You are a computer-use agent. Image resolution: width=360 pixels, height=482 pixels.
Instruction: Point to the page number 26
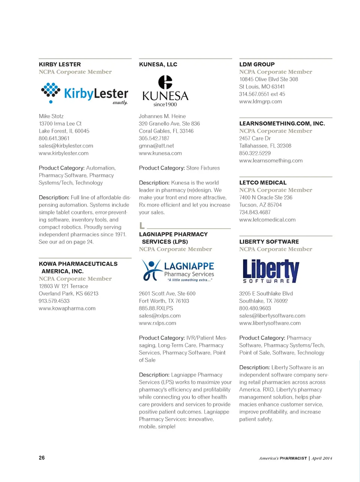[42, 458]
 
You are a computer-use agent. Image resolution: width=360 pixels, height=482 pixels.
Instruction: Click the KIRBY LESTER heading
[60, 65]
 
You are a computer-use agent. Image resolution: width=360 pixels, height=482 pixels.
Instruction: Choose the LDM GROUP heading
[257, 65]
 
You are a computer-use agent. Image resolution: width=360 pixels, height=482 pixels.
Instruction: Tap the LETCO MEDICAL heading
[263, 183]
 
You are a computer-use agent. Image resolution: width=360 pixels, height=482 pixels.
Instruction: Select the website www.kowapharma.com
[67, 309]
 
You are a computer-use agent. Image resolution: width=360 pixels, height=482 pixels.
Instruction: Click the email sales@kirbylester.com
[66, 146]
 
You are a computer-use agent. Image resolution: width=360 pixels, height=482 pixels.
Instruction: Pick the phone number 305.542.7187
[154, 139]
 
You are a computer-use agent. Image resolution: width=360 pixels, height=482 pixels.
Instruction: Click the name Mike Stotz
[51, 116]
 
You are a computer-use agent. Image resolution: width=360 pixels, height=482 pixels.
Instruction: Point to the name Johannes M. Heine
[162, 116]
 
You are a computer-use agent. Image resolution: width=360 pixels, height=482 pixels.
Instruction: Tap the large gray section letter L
[142, 226]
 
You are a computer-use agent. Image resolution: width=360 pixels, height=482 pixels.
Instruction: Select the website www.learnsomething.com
[271, 161]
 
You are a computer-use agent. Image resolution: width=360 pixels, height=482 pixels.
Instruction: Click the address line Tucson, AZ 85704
[260, 205]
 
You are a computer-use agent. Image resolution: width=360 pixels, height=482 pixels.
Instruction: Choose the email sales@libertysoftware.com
[272, 316]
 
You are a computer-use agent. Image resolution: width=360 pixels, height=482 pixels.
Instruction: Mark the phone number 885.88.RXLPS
[156, 309]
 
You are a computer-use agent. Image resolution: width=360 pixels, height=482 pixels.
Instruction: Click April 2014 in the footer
[322, 458]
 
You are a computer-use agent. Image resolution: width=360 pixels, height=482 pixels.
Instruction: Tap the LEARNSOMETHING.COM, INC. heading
[282, 124]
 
